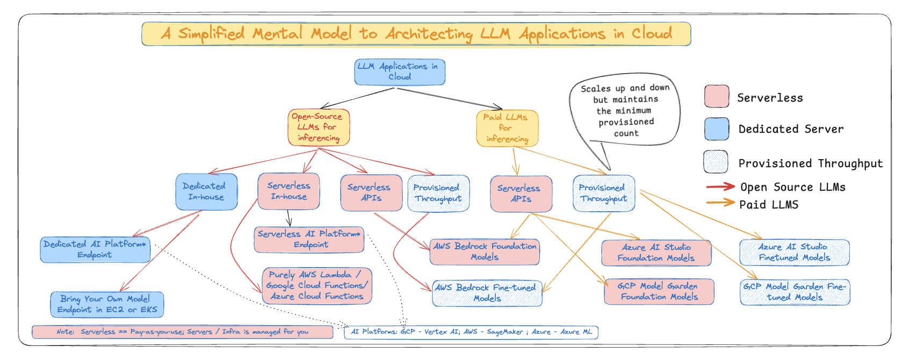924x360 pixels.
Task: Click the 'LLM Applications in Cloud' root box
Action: point(400,72)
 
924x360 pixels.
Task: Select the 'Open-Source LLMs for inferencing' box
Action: point(319,127)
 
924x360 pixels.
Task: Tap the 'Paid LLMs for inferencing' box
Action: point(507,128)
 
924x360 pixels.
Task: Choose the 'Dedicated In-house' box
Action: point(206,192)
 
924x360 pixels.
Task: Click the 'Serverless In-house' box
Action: point(289,191)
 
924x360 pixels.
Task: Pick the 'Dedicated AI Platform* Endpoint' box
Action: point(95,250)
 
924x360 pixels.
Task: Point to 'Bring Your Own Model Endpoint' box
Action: point(107,305)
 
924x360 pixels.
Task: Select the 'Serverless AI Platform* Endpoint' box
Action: point(309,240)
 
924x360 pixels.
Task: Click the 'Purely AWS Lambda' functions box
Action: point(317,286)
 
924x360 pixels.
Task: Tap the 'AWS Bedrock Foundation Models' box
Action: point(485,252)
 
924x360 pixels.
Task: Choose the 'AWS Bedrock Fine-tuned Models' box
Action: point(487,293)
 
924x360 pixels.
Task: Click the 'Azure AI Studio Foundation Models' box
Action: point(656,253)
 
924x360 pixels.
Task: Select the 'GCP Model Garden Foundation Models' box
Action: point(659,292)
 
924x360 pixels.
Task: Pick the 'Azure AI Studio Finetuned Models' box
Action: point(795,253)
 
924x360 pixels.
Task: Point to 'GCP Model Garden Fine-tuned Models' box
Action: point(795,292)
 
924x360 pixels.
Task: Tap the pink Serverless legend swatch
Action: point(717,97)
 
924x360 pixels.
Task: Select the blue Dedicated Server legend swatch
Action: point(717,129)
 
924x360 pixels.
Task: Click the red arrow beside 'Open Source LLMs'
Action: point(720,187)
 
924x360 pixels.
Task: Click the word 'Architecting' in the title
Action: point(429,34)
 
